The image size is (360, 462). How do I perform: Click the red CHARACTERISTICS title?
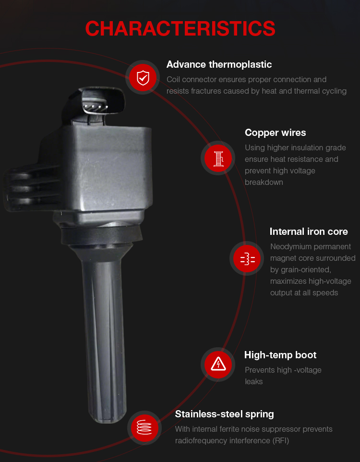(180, 29)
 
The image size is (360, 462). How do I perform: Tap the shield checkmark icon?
(143, 77)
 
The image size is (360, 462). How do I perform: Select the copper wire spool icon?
(218, 158)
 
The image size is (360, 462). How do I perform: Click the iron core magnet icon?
(248, 259)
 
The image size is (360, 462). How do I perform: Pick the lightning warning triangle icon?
(218, 364)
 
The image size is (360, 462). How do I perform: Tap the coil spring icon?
(144, 427)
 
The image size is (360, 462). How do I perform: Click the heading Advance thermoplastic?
(219, 64)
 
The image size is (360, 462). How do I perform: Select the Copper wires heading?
(275, 133)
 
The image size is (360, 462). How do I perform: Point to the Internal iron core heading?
(309, 231)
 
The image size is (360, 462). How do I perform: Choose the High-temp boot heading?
(280, 355)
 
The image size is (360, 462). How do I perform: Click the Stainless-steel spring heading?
(224, 414)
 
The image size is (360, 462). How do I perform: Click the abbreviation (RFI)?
(280, 441)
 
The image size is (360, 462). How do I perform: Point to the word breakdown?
(264, 182)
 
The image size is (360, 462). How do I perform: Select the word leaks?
(253, 382)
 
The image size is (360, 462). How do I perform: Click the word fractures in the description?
(205, 91)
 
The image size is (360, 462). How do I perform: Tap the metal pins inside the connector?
(96, 107)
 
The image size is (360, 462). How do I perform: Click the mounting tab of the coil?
(33, 189)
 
